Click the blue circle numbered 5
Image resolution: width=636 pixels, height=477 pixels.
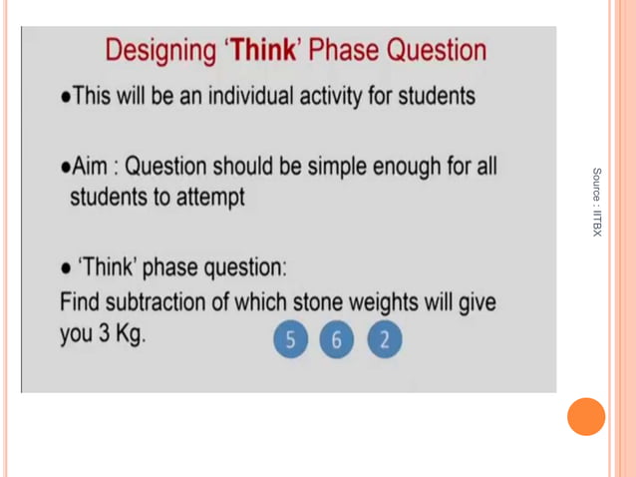[x=290, y=341]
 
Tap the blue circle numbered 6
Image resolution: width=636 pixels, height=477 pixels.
[x=337, y=341]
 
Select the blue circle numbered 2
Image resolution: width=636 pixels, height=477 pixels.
[x=384, y=341]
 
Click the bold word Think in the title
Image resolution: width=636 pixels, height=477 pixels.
[x=263, y=51]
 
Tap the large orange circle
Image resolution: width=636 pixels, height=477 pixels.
[x=586, y=416]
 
